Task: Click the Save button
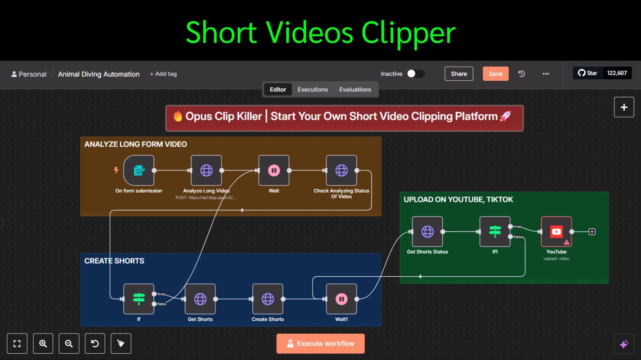[495, 74]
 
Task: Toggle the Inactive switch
[415, 74]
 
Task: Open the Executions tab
[312, 90]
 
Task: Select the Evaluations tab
[355, 90]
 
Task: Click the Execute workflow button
[320, 343]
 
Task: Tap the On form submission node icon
[139, 170]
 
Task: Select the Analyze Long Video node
[206, 170]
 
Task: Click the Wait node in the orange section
[274, 170]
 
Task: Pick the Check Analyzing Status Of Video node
[341, 170]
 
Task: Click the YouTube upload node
[556, 231]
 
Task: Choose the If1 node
[495, 231]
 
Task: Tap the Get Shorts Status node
[427, 231]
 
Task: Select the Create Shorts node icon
[268, 299]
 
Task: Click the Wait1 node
[341, 299]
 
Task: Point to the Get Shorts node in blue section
[200, 299]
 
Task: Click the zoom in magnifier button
[43, 343]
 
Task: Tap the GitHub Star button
[588, 73]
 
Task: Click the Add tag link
[163, 74]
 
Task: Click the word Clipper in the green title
[408, 33]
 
